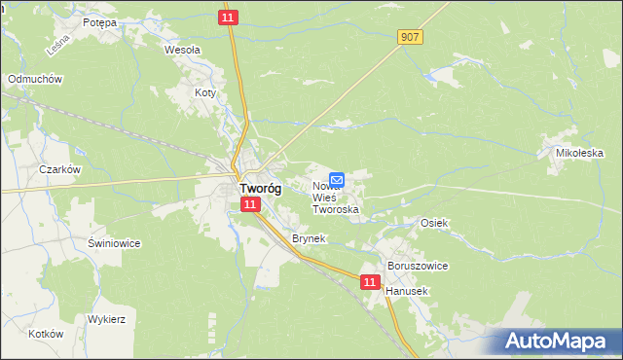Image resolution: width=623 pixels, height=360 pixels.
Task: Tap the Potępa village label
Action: point(99,21)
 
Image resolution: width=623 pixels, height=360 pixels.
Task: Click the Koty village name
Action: point(204,92)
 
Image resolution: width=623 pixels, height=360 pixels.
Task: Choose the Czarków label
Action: point(58,168)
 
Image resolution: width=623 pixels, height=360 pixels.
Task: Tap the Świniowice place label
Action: point(115,243)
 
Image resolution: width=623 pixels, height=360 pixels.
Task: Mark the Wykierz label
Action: point(107,319)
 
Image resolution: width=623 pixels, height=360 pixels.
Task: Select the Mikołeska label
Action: point(580,153)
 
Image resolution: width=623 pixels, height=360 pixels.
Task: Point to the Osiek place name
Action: point(433,223)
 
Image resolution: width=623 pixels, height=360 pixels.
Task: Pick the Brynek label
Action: point(308,238)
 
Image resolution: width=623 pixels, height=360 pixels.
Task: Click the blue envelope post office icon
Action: point(337,180)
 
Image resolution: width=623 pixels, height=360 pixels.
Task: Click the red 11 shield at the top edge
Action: point(228,18)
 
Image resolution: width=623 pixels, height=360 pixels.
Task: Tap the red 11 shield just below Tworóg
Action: point(250,204)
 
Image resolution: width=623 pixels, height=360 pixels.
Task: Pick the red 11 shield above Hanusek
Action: point(370,282)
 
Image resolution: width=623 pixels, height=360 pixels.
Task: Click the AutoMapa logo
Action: point(559,341)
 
